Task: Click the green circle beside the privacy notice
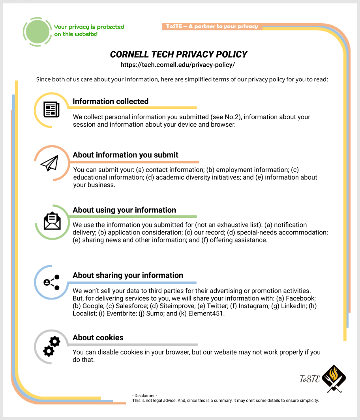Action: point(38,32)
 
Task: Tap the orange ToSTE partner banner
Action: point(212,26)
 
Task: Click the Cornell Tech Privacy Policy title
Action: point(178,54)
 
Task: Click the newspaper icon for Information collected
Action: point(51,109)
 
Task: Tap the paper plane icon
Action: point(50,163)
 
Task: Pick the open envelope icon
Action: point(52,221)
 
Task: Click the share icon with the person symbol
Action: point(51,282)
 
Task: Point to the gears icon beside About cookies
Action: point(51,346)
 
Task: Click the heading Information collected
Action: point(111,101)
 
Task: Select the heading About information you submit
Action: point(126,155)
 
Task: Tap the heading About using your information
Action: point(124,210)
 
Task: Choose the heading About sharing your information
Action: point(128,275)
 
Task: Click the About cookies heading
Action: point(98,337)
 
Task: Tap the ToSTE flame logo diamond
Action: point(334,379)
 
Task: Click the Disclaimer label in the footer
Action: point(145,396)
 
